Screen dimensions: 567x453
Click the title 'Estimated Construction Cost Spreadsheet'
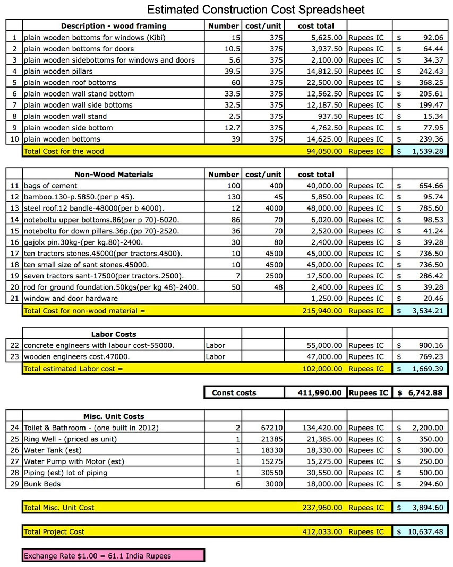click(x=255, y=10)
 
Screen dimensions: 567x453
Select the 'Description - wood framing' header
click(x=113, y=26)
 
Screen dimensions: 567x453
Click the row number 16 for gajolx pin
click(x=14, y=242)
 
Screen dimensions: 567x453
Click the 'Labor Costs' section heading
click(x=113, y=334)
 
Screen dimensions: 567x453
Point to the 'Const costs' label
click(x=234, y=393)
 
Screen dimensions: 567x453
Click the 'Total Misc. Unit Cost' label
click(x=59, y=508)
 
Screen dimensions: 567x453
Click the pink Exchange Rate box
click(x=113, y=556)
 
